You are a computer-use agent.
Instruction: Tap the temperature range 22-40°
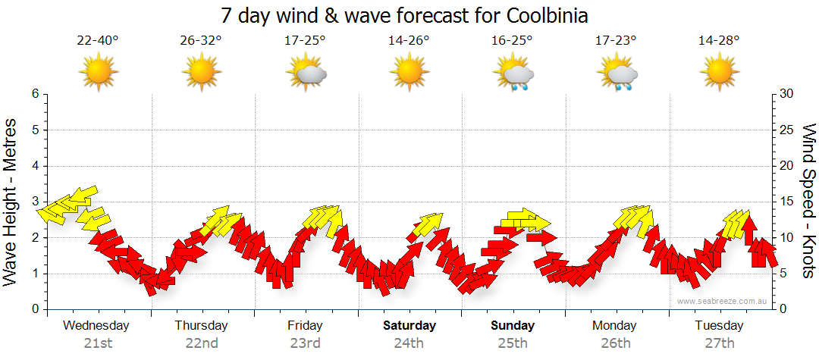point(99,41)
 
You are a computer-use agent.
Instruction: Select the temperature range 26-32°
point(201,41)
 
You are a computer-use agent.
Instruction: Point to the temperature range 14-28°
point(719,41)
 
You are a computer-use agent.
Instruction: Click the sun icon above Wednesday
point(99,74)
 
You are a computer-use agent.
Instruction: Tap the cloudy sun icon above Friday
point(306,74)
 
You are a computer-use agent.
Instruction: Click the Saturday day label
point(409,326)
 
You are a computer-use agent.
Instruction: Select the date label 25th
point(513,343)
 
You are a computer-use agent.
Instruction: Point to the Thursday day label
point(201,326)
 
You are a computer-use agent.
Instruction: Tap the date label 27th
point(719,343)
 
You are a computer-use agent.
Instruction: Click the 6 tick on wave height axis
point(35,94)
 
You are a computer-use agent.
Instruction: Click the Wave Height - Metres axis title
point(11,202)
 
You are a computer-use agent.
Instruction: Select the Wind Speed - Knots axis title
point(808,202)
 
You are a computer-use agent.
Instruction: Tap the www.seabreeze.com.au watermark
point(723,301)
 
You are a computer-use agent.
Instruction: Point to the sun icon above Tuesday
point(719,74)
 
